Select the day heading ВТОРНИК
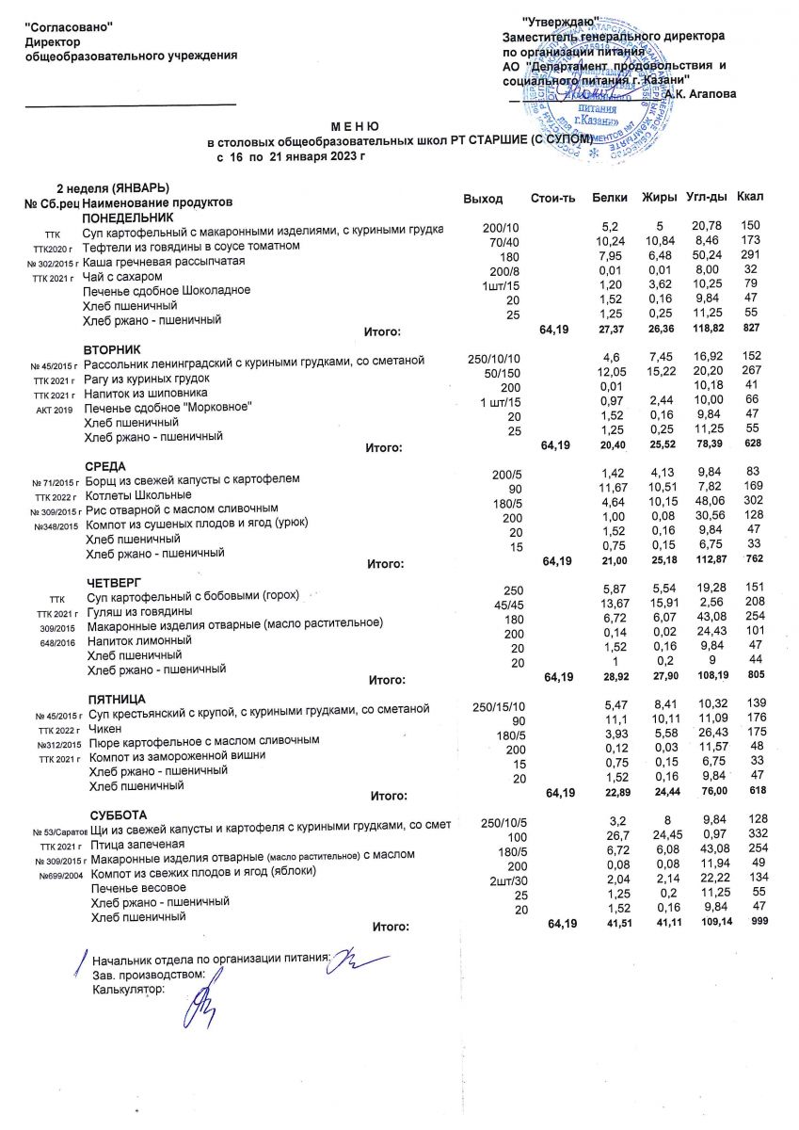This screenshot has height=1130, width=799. pyautogui.click(x=111, y=348)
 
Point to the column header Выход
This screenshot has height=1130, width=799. pyautogui.click(x=484, y=199)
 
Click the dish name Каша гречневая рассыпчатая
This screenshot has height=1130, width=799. pyautogui.click(x=164, y=261)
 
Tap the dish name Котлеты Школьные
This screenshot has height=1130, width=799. pyautogui.click(x=138, y=494)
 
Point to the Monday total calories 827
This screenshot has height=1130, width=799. pyautogui.click(x=749, y=331)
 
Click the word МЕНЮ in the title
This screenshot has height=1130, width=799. pyautogui.click(x=355, y=125)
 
